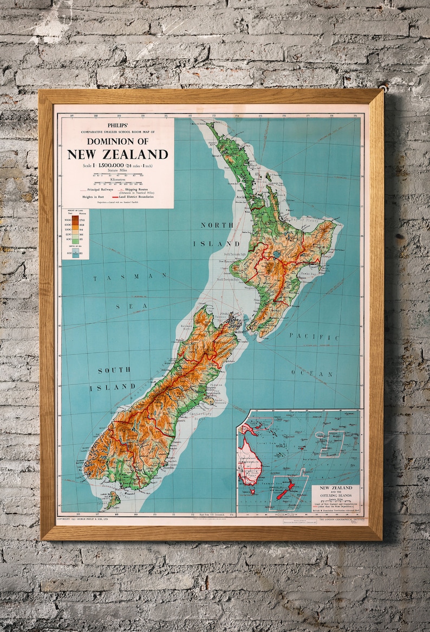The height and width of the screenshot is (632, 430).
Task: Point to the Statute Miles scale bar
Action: point(117,175)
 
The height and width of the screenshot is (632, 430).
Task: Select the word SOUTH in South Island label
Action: point(114,370)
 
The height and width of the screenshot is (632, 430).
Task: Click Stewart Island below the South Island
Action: point(113,499)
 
